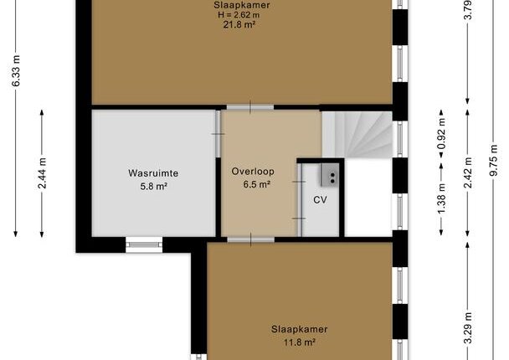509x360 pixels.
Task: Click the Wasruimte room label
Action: pos(153,173)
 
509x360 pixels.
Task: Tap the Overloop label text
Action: pos(253,172)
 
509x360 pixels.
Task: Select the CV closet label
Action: pos(320,199)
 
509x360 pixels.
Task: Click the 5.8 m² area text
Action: pos(154,187)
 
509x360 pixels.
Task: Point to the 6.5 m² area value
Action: pos(257,184)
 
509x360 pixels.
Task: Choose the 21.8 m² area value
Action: pos(239,24)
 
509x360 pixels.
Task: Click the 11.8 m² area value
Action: pos(300,342)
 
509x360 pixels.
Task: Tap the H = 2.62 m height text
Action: pos(239,14)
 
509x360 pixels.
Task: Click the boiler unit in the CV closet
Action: pos(330,175)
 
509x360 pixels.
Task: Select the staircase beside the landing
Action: pos(357,135)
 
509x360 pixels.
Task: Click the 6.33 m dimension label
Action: pos(16,71)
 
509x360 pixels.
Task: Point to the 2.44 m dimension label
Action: pos(42,173)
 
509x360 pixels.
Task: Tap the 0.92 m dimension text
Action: pos(441,134)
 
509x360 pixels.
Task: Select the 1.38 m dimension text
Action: pos(441,199)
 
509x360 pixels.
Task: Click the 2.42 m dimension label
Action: pos(468,172)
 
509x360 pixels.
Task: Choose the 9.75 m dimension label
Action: pos(493,160)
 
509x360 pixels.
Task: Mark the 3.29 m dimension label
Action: pos(468,328)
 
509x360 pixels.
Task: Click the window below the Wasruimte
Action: pos(144,244)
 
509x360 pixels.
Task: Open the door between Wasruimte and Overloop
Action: pos(219,134)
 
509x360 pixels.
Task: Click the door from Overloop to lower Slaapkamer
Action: pos(250,240)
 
